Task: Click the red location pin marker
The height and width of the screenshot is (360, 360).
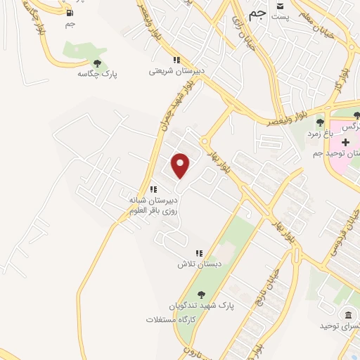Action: (181, 166)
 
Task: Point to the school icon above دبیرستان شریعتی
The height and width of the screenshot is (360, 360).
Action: (176, 60)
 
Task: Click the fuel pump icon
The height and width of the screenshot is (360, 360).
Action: (69, 13)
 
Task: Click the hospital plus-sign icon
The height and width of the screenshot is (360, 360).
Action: (345, 142)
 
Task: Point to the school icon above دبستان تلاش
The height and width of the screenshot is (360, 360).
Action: (199, 253)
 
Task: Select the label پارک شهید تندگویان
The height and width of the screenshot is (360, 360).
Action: (202, 306)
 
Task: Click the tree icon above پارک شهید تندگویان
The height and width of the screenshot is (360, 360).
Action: (202, 295)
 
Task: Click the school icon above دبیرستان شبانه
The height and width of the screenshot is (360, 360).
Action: (153, 189)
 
